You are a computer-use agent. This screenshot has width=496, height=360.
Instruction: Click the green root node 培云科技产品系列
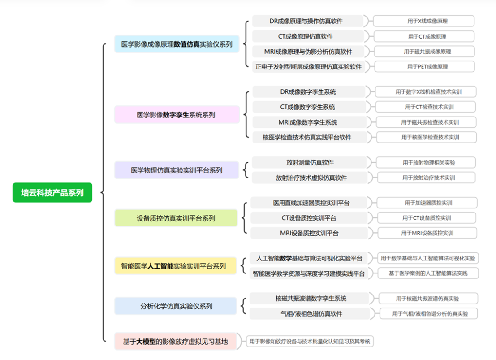(52, 193)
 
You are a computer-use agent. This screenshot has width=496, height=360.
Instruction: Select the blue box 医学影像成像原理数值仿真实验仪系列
(177, 44)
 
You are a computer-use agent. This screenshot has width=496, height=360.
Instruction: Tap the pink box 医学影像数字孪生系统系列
(177, 115)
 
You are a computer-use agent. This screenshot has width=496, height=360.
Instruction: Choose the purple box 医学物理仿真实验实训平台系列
(177, 170)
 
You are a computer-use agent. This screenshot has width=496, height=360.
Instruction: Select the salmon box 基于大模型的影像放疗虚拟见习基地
(175, 342)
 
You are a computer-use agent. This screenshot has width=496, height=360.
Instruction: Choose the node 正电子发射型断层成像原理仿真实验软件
(308, 66)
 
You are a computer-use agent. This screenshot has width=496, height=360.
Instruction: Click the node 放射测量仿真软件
(310, 162)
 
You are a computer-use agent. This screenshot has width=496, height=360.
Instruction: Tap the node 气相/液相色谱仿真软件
(310, 313)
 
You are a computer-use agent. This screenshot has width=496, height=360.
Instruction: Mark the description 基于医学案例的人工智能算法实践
(428, 273)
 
